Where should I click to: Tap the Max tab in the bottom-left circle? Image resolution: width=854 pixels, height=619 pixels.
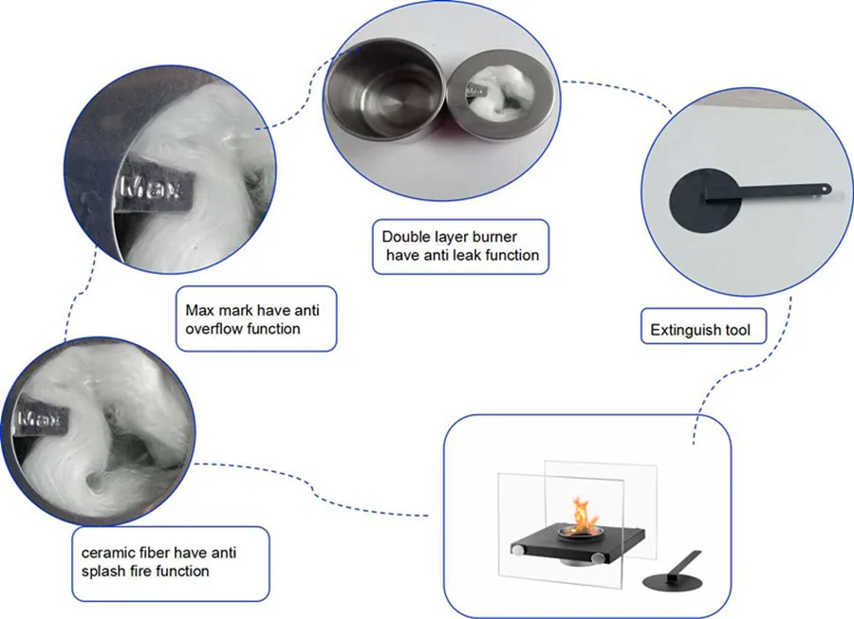coord(41,418)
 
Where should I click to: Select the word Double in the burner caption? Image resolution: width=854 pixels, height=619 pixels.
coord(403,236)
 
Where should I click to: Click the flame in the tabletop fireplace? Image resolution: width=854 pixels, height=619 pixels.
coord(577,516)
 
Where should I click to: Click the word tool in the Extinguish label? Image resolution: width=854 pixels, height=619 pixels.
coord(737,331)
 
